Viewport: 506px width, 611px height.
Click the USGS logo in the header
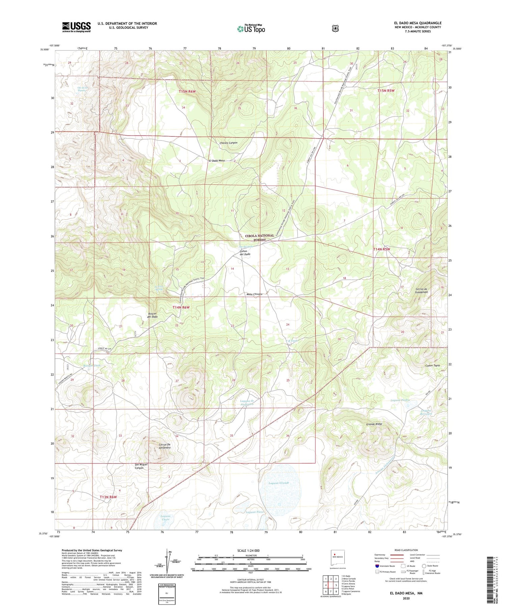76,27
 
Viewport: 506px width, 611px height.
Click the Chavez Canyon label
228,143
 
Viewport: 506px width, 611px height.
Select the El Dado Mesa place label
217,161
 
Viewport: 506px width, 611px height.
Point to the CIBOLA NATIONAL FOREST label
259,238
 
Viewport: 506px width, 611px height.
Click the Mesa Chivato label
254,294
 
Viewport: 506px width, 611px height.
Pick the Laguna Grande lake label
279,483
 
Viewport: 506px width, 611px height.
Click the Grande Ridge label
374,424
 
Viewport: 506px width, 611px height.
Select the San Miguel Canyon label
139,466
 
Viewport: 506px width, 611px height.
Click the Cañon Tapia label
433,366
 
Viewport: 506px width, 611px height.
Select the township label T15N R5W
386,91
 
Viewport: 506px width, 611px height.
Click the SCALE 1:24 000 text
251,550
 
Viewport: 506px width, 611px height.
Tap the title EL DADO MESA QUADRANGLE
415,23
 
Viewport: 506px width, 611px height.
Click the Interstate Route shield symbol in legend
377,566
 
